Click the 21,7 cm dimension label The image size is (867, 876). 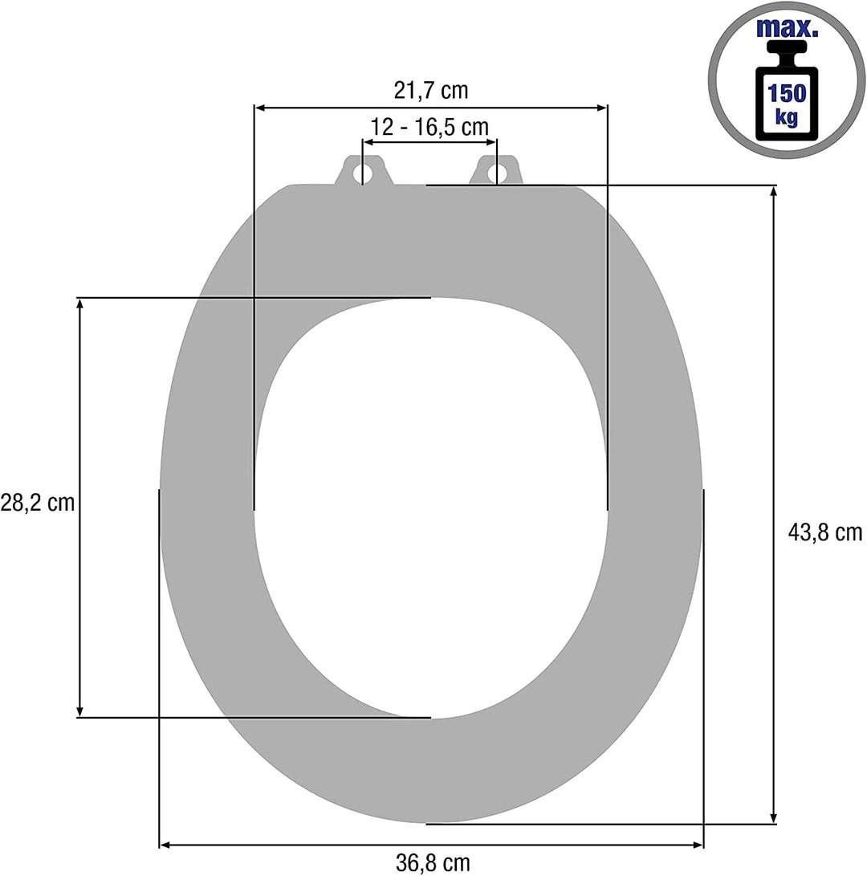tap(430, 91)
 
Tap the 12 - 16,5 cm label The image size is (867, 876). tap(429, 127)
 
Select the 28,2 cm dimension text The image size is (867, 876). tap(37, 503)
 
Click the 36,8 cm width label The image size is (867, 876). tap(433, 863)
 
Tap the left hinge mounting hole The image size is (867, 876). tap(364, 173)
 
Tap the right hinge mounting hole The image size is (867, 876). tap(496, 173)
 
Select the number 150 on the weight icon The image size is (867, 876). tap(787, 93)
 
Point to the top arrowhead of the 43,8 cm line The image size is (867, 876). tap(774, 192)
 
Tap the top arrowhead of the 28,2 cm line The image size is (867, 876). tap(79, 304)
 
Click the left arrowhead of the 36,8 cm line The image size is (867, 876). tap(166, 845)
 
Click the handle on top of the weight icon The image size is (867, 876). tap(787, 55)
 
